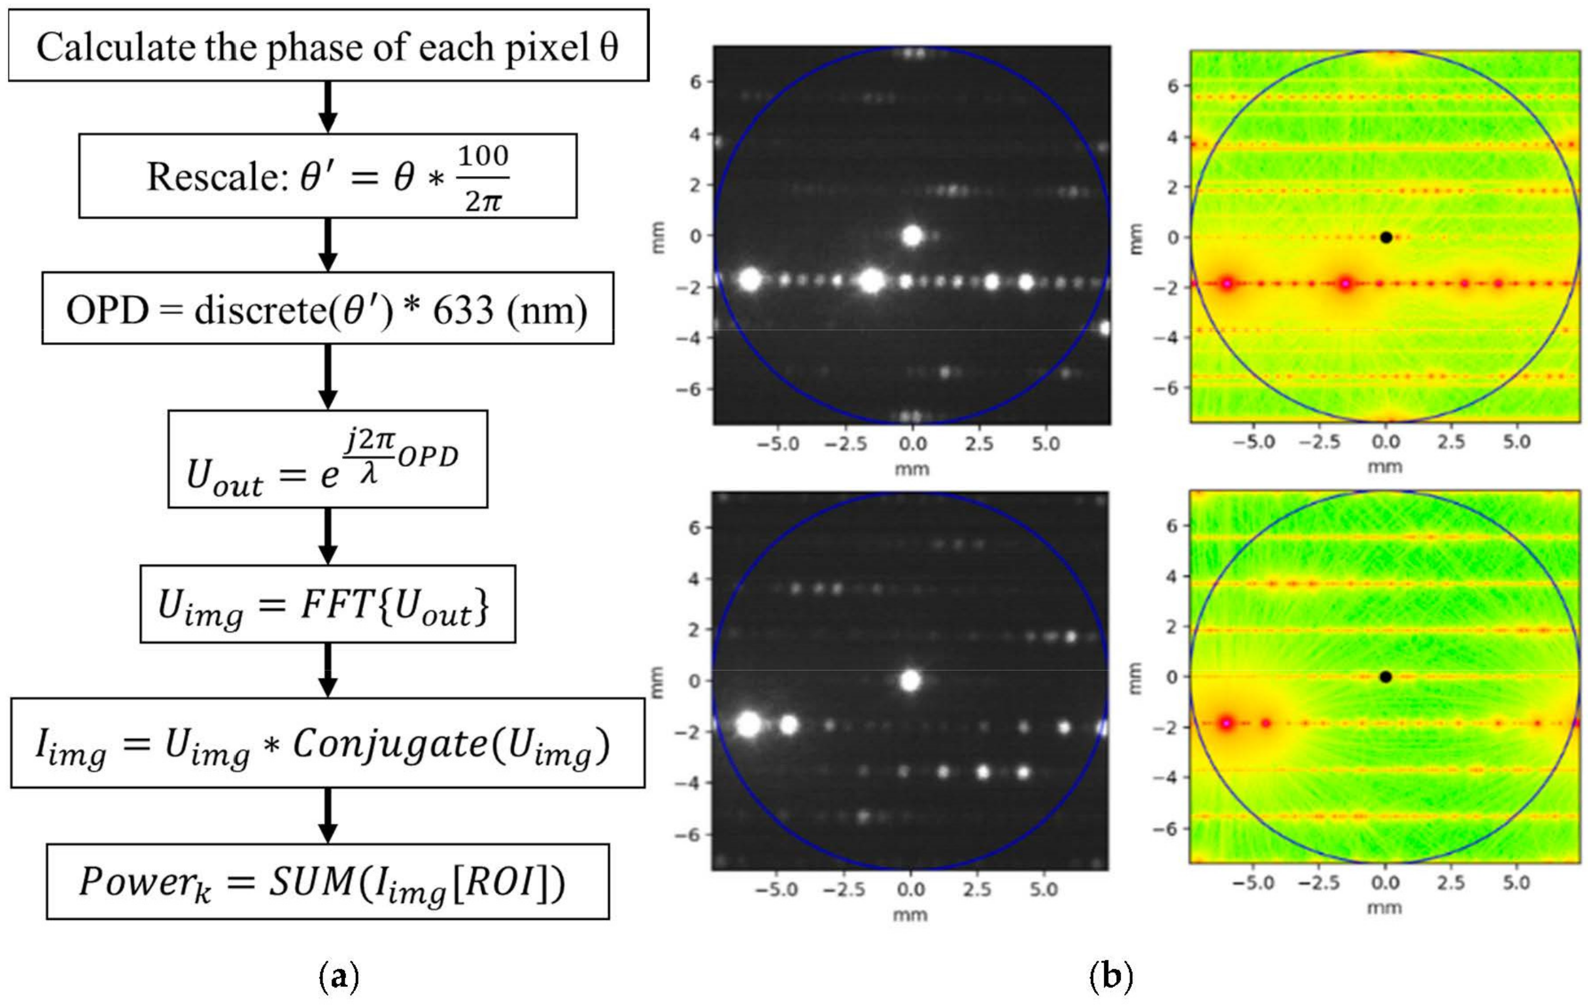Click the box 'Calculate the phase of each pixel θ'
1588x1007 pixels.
tap(328, 46)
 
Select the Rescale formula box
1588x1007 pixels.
tap(328, 176)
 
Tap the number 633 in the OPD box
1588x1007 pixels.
tap(462, 310)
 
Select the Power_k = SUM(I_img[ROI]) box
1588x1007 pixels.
tap(328, 882)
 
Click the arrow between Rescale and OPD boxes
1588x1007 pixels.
tap(328, 244)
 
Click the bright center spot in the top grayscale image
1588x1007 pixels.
tap(912, 236)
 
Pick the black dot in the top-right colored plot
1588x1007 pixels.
tap(1386, 237)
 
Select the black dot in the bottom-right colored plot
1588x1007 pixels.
tap(1386, 677)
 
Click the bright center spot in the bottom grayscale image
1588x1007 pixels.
tap(911, 681)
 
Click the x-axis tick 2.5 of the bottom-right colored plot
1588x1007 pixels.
tap(1451, 882)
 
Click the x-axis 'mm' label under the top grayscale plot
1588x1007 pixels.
tap(912, 469)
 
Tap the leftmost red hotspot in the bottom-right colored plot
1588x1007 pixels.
tap(1226, 723)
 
